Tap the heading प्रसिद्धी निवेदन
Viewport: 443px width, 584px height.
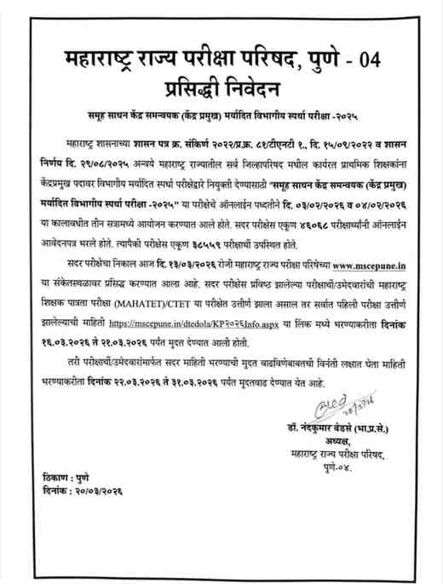[221, 88]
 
